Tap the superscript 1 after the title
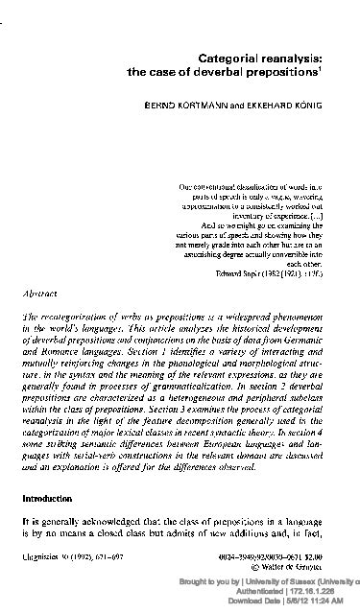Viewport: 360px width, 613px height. click(331, 68)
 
